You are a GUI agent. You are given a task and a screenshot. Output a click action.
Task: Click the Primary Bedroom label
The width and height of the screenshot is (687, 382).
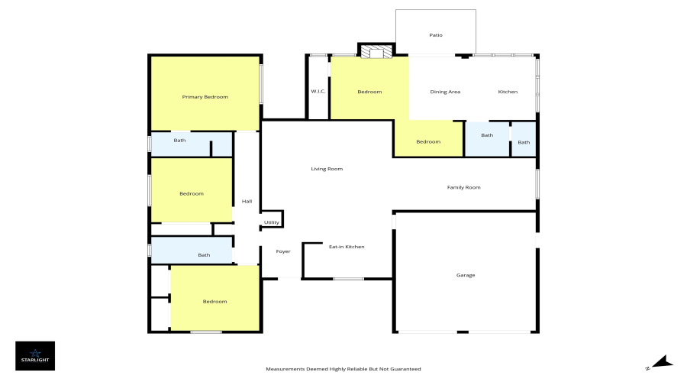coord(205,97)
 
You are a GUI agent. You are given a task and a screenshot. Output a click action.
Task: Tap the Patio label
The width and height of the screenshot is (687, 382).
coord(436,35)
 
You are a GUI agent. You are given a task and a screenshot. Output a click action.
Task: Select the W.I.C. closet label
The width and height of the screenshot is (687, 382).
coord(318,91)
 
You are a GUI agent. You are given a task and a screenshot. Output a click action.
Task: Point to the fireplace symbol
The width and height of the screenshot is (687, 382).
coord(376,52)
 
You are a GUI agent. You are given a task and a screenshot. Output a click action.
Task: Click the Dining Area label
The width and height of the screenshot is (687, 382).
coord(445,92)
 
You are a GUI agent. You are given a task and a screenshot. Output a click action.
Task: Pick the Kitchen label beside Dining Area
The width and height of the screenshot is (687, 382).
coord(508,92)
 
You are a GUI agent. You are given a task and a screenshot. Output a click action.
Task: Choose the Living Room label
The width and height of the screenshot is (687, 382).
coord(327,169)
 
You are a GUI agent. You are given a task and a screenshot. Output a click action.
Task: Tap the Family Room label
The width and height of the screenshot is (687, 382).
coord(463,187)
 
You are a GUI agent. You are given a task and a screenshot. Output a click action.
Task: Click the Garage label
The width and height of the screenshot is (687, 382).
coord(466,276)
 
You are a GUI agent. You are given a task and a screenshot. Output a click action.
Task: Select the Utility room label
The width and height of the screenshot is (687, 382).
coord(271,222)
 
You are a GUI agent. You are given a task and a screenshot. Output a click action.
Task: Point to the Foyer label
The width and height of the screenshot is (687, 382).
coord(283,251)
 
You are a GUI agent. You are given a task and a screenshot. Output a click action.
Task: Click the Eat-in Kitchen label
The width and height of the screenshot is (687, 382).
coord(347,247)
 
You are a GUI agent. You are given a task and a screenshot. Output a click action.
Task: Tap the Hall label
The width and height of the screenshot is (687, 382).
coord(247,201)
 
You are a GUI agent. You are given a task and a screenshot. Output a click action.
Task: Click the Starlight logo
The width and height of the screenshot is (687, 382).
coord(35,356)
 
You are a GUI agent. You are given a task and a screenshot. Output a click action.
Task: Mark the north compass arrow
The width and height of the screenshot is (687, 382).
coord(662,362)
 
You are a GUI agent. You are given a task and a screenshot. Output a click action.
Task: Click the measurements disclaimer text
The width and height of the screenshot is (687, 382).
coord(343,369)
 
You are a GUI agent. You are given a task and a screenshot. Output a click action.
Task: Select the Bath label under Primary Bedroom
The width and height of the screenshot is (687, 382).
coord(179,141)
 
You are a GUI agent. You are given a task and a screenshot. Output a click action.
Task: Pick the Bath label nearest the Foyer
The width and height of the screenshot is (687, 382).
coord(204,255)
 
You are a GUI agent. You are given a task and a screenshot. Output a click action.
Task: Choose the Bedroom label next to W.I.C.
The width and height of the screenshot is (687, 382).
coord(369,92)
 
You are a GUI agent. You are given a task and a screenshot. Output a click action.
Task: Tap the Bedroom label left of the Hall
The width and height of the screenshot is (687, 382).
coord(192,193)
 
